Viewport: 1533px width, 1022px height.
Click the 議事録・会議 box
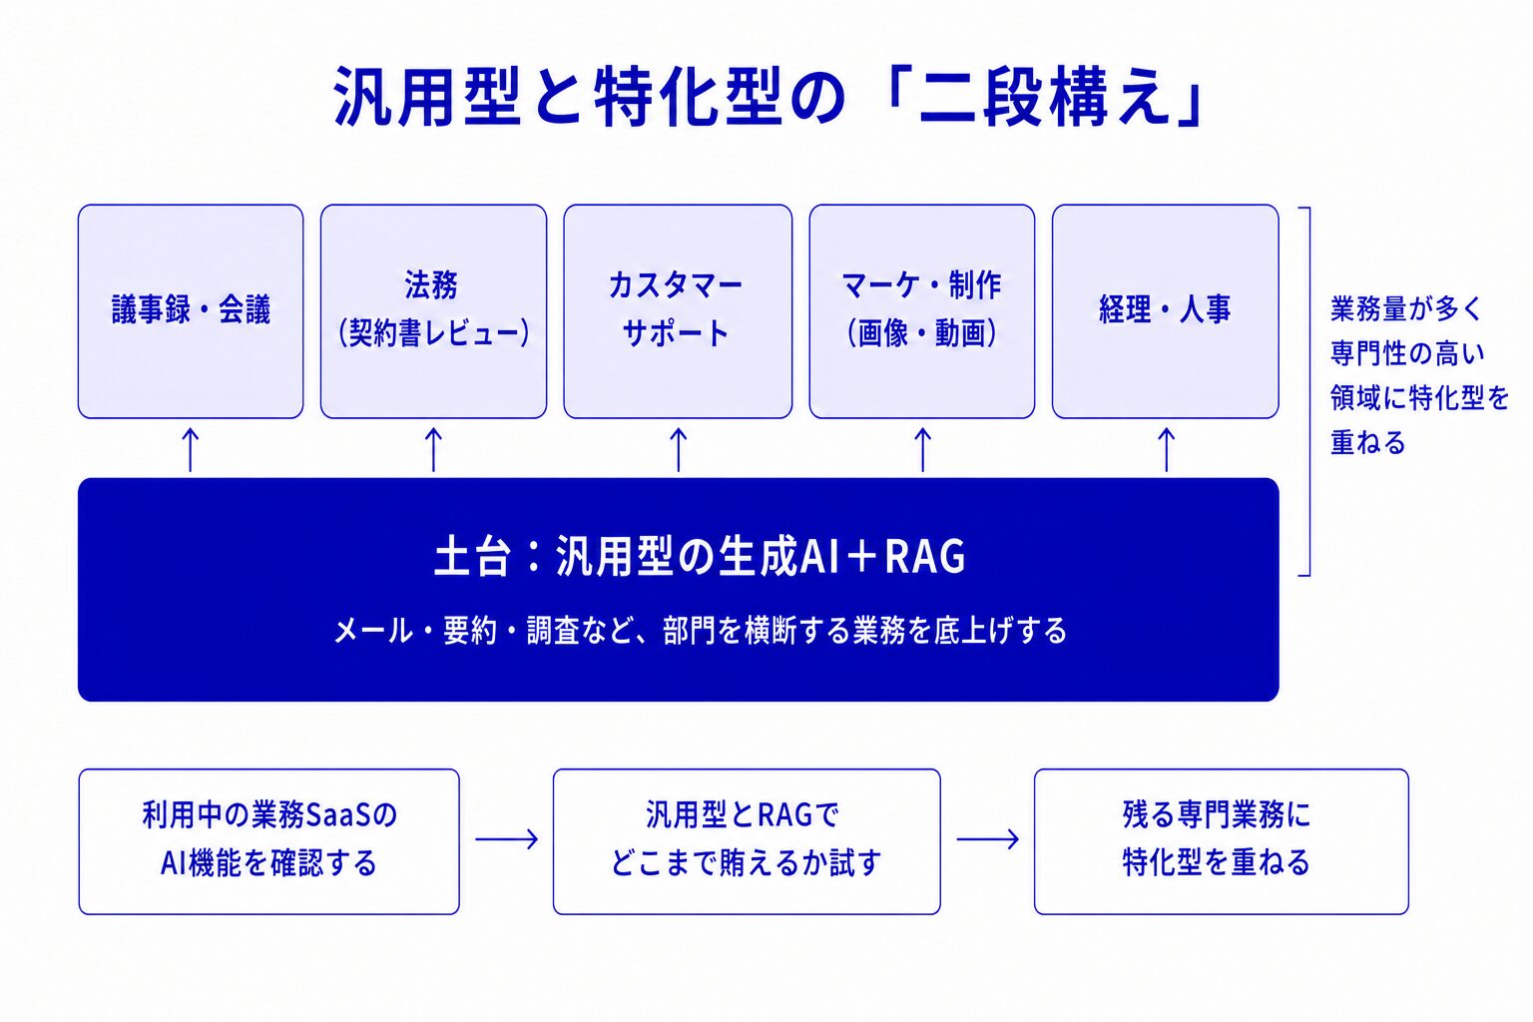(191, 311)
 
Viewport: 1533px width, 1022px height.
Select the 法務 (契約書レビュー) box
(433, 311)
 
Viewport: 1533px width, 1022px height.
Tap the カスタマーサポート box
(678, 311)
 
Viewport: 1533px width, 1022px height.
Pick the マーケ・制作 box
(922, 311)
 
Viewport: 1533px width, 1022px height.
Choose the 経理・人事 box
(1166, 311)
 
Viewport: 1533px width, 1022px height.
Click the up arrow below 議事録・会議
(191, 450)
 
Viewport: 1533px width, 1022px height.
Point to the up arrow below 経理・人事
(1166, 450)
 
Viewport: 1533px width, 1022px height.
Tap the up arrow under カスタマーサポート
(678, 450)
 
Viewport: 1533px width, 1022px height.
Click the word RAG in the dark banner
(924, 556)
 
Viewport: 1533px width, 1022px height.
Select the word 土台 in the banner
(473, 556)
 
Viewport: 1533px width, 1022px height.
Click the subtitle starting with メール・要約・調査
(700, 631)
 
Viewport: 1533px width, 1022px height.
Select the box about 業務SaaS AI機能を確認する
(268, 841)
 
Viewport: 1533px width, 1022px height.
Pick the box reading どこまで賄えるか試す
(747, 841)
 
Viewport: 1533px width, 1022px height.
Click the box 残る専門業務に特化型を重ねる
(1221, 841)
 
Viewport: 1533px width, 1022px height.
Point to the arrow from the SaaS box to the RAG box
(506, 839)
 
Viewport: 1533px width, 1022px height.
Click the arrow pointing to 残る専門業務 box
(987, 839)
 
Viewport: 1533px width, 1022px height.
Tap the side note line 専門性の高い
(1407, 354)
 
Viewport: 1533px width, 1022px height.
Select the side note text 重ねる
(1367, 443)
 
